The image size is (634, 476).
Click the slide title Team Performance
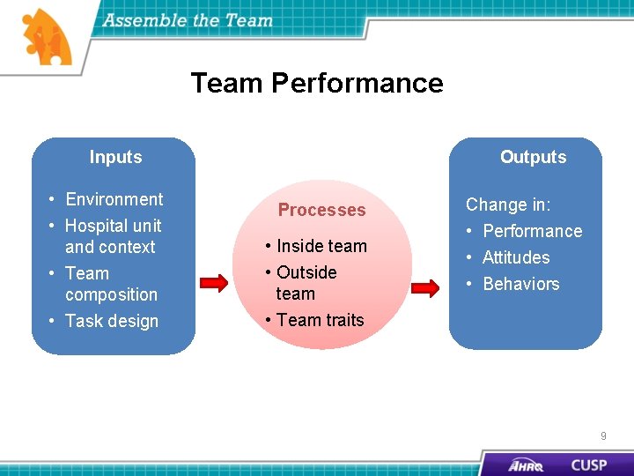coord(317,83)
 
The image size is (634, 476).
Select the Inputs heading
coord(115,157)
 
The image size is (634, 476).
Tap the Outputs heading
coord(533,157)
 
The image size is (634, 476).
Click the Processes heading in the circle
coord(321,210)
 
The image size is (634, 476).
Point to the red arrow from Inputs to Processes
coord(214,283)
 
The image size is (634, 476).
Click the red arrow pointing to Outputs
coord(425,287)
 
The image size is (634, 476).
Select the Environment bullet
coord(114,199)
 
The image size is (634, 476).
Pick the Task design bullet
coord(111,321)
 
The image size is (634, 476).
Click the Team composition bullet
coord(110,284)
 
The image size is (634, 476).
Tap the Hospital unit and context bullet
coord(112,236)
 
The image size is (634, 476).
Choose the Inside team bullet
coord(321,246)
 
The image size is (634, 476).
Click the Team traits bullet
coord(320,320)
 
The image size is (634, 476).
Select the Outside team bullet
coord(306,283)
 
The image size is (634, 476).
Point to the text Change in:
coord(508,205)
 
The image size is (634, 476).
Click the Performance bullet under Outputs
coord(532,231)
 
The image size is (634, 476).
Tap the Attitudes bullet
coord(515,257)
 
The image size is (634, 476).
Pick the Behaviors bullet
coord(520,284)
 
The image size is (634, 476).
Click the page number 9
coord(603,435)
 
